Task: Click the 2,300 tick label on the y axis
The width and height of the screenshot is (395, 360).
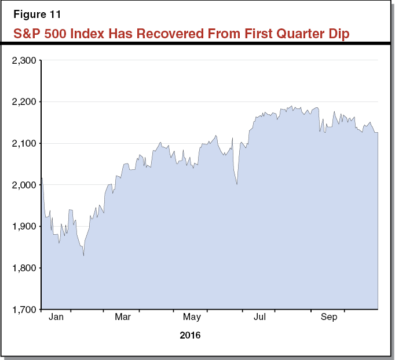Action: click(24, 60)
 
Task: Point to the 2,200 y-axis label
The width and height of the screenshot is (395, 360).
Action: click(24, 102)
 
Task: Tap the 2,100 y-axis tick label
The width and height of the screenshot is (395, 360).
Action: click(24, 143)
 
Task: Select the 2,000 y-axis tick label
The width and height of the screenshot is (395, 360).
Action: click(24, 185)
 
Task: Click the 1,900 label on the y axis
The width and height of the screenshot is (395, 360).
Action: click(24, 227)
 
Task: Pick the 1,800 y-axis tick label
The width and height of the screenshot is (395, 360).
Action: click(24, 268)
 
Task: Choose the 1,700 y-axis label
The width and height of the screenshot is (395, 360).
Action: click(24, 310)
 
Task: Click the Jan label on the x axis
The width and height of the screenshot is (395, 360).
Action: click(56, 317)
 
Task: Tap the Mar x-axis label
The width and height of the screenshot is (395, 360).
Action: click(123, 317)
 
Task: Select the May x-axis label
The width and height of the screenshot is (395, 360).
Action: click(192, 317)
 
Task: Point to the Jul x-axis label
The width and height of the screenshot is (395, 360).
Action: click(261, 317)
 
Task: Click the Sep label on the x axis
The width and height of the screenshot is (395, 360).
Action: click(329, 317)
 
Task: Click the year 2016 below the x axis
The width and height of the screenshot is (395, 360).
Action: click(190, 335)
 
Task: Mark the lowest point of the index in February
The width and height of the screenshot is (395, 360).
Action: click(84, 256)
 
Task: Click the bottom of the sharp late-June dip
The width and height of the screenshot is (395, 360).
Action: click(237, 184)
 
